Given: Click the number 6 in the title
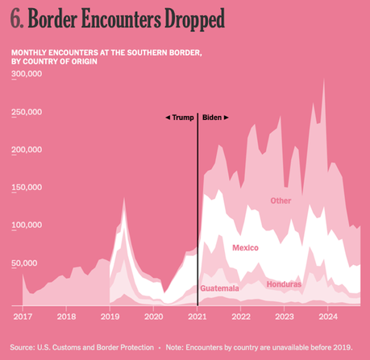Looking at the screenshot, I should click(x=16, y=18).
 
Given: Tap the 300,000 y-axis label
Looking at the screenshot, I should click(x=29, y=75).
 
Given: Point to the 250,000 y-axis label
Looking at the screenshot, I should click(x=29, y=113).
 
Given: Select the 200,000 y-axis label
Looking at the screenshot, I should click(x=29, y=150).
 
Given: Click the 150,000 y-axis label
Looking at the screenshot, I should click(x=29, y=188).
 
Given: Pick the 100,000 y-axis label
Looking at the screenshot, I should click(x=29, y=226).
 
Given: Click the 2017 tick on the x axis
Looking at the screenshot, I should click(x=21, y=317).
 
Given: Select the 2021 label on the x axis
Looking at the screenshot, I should click(x=197, y=317).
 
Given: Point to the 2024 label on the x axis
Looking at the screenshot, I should click(x=329, y=317).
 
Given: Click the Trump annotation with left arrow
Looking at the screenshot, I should click(x=179, y=118).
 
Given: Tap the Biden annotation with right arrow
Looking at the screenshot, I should click(x=215, y=118).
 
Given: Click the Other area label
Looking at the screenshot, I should click(x=281, y=201).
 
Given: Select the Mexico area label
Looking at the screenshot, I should click(x=245, y=247).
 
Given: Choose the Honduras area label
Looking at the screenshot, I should click(x=285, y=283).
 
